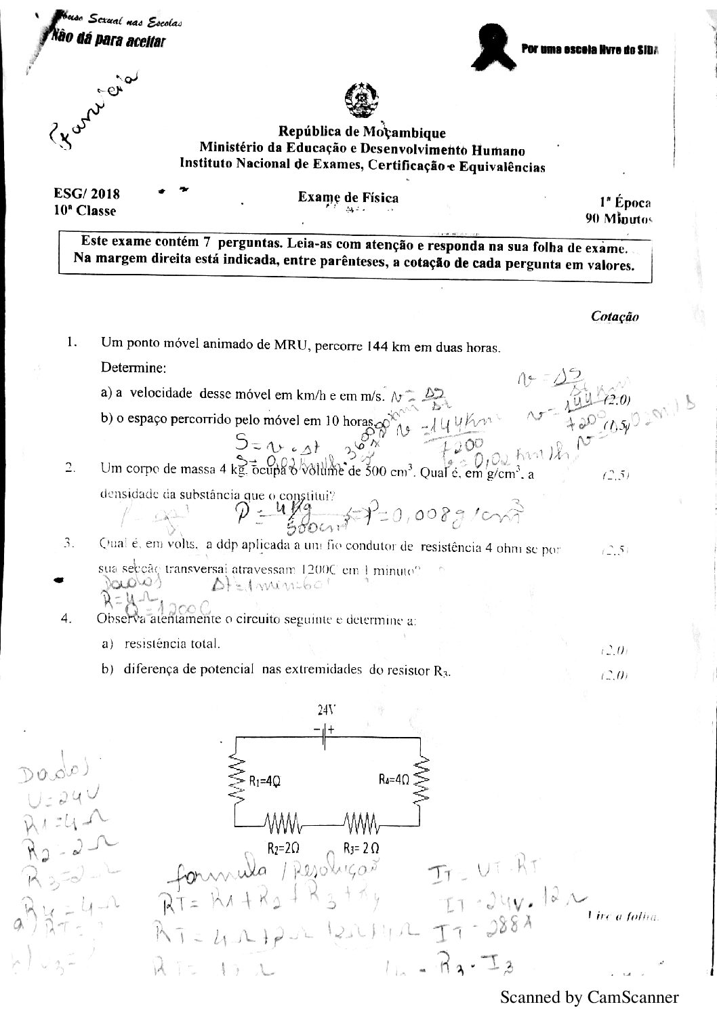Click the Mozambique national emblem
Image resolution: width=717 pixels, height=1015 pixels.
(358, 100)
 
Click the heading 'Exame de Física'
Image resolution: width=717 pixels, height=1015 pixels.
(348, 198)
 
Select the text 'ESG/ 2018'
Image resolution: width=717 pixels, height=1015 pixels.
(86, 194)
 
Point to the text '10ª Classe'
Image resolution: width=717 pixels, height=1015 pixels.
(85, 211)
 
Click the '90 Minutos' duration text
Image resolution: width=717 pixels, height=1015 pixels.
(618, 219)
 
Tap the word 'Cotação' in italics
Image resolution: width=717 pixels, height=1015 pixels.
(615, 316)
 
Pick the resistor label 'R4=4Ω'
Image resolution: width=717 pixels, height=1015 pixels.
(394, 780)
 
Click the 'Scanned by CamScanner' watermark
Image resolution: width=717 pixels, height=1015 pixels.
(589, 997)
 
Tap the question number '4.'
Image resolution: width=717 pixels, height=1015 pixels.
(66, 618)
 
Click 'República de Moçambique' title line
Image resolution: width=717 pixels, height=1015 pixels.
(362, 132)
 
